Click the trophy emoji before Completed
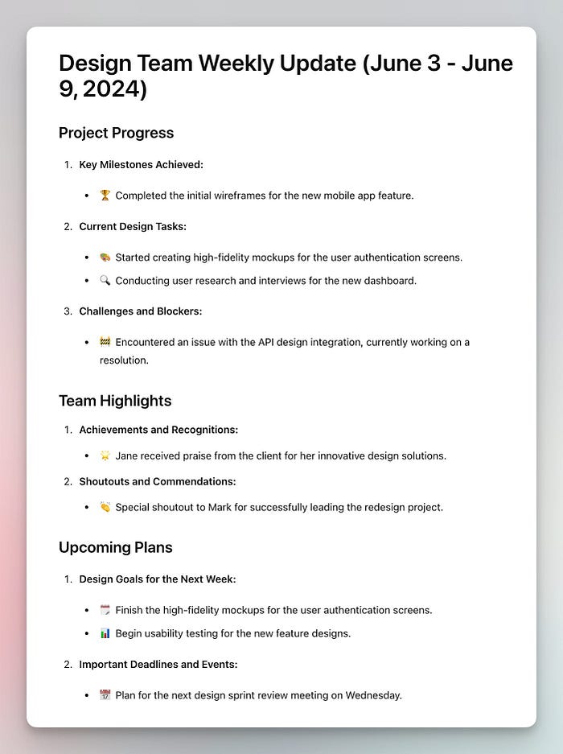105,196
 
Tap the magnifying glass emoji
105,281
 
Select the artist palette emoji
105,258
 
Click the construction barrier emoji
105,342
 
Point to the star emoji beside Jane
105,455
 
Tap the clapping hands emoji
105,507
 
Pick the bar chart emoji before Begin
105,633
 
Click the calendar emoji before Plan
105,694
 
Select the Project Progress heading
116,133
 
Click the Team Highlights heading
115,401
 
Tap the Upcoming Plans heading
115,547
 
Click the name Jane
127,455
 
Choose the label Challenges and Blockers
140,311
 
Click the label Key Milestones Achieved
141,164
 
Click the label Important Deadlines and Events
158,664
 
